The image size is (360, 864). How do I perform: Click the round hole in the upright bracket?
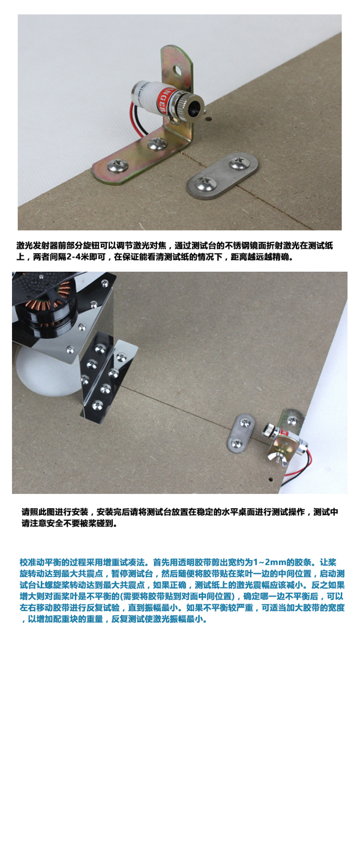pos(177,70)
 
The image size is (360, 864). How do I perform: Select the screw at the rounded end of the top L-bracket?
pos(116,166)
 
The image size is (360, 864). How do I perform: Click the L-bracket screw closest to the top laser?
pos(157,143)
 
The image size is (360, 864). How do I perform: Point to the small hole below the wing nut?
pos(271,480)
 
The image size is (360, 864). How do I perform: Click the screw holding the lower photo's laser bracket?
pos(293,421)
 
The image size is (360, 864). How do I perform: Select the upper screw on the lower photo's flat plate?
pos(245,423)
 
